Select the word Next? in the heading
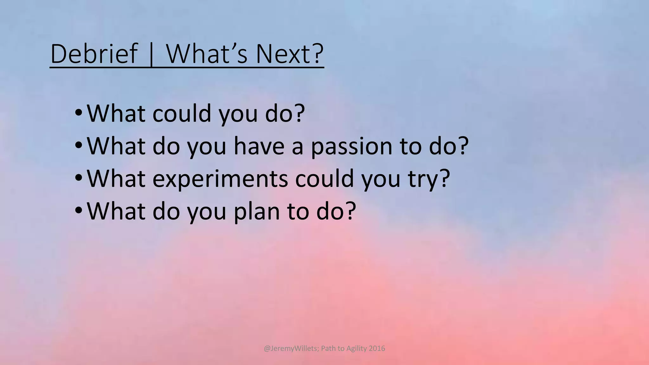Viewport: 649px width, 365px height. pyautogui.click(x=289, y=54)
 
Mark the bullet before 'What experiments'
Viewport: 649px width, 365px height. pyautogui.click(x=78, y=178)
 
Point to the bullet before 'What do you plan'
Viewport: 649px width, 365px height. pyautogui.click(x=78, y=210)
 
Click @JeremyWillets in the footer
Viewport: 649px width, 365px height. pyautogui.click(x=291, y=349)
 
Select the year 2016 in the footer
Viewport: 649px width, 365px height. pyautogui.click(x=377, y=349)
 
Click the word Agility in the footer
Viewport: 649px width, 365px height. pyautogui.click(x=357, y=349)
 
